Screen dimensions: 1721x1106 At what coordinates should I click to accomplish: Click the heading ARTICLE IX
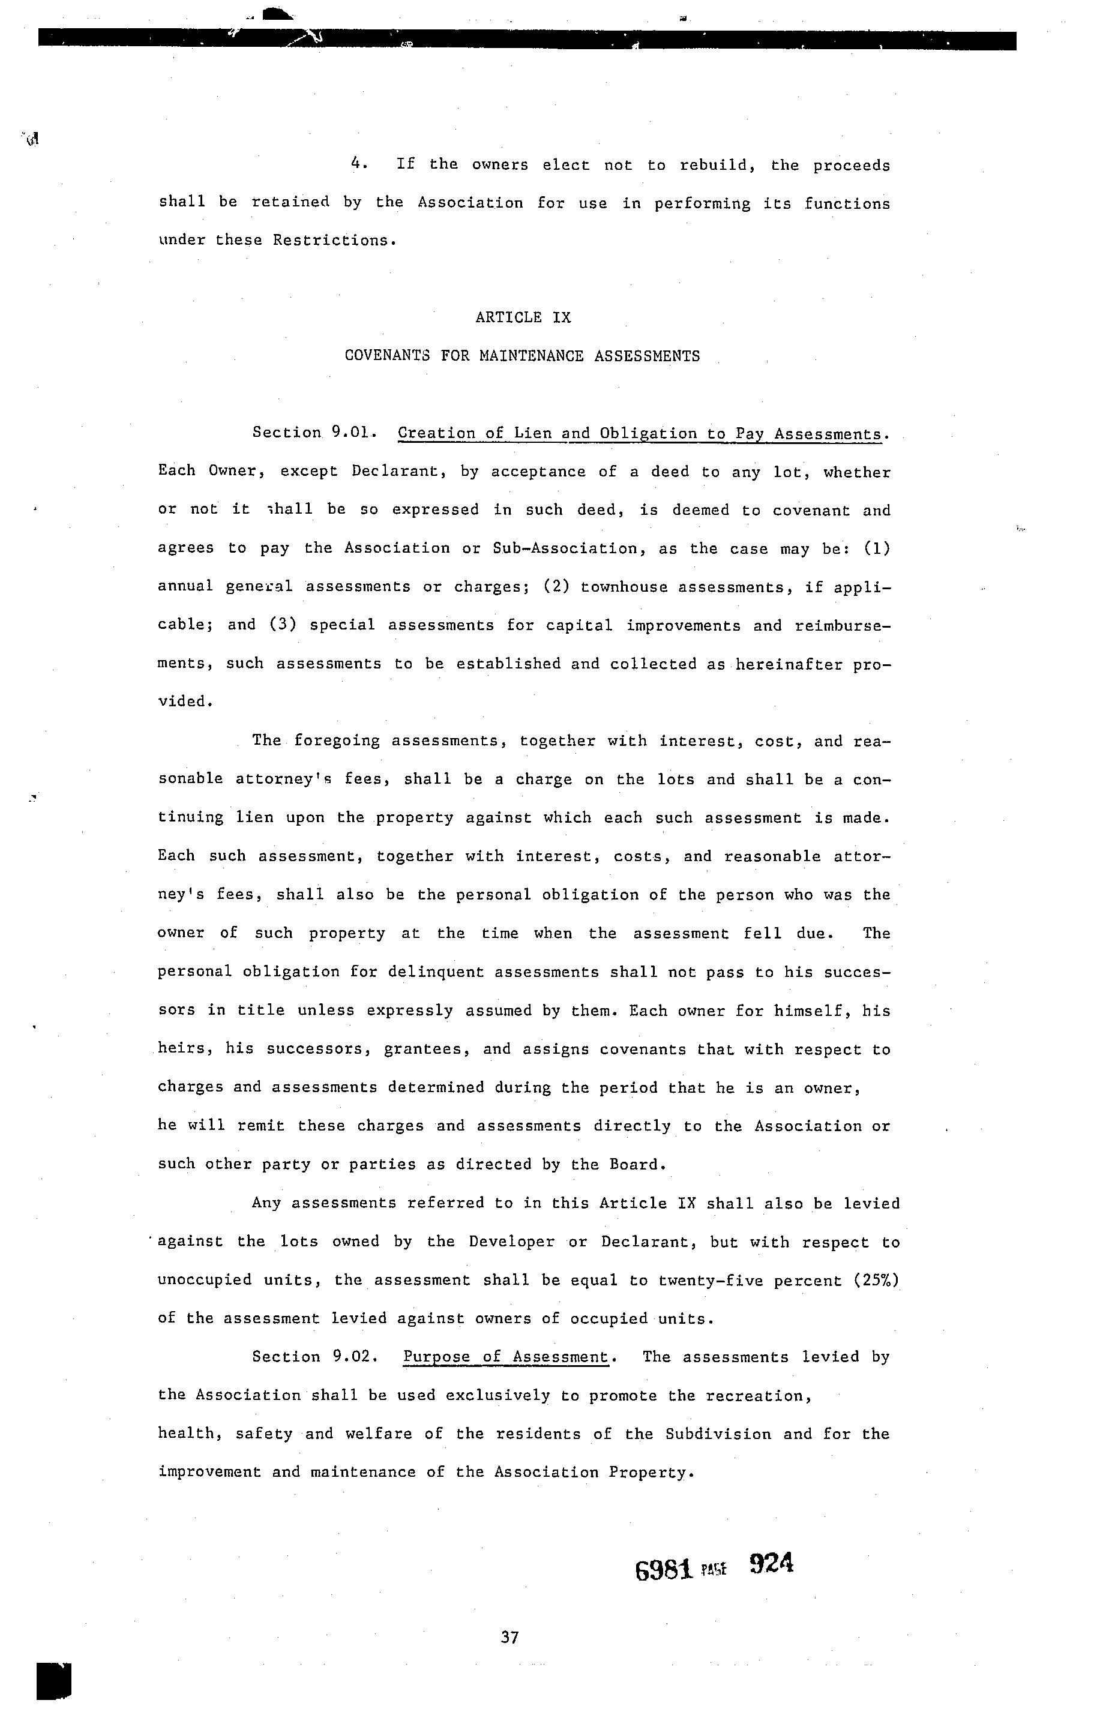523,317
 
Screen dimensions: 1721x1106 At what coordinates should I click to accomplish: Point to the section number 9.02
354,1356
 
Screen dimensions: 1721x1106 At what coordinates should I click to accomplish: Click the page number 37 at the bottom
510,1637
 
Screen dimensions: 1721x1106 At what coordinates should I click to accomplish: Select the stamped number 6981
664,1570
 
